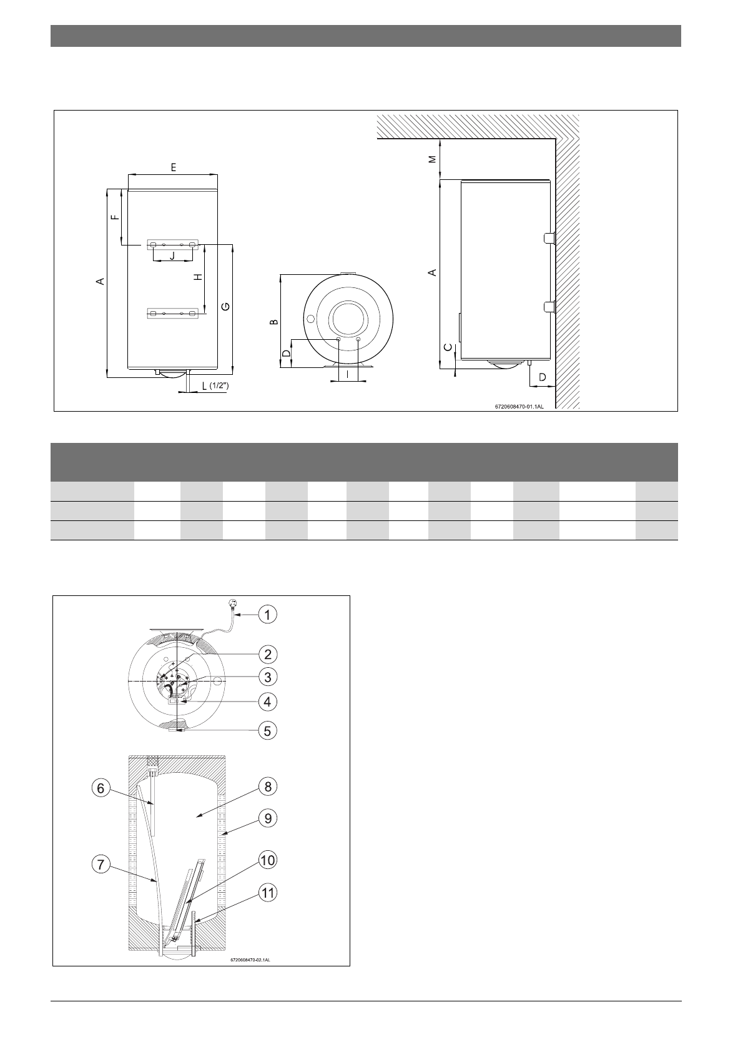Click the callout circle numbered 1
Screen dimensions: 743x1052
[x=267, y=614]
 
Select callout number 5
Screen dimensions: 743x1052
[x=267, y=731]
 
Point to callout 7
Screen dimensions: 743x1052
[x=101, y=865]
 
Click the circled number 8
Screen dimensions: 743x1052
[x=267, y=787]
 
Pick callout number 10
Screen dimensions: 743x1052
[x=267, y=860]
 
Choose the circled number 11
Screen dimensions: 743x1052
[x=267, y=892]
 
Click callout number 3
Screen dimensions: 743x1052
[x=267, y=677]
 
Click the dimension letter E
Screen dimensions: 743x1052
[x=173, y=167]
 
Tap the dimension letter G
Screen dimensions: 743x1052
[x=226, y=306]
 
